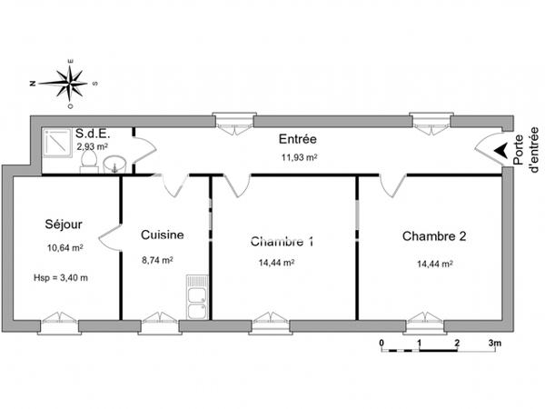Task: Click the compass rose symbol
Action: click(x=69, y=84)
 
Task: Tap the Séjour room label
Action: click(x=64, y=224)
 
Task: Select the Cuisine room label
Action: click(x=163, y=234)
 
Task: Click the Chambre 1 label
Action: click(x=282, y=242)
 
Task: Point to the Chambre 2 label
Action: click(x=434, y=236)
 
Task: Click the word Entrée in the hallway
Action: click(x=298, y=139)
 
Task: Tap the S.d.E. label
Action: click(x=93, y=134)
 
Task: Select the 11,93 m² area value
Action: click(x=299, y=157)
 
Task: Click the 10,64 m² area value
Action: click(x=65, y=248)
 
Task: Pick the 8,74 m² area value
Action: click(x=157, y=260)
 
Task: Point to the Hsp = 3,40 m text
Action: click(x=61, y=278)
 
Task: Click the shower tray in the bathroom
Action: click(x=57, y=143)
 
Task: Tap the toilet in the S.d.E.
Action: click(x=89, y=163)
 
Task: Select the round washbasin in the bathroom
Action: click(x=115, y=165)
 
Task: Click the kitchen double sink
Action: click(x=197, y=297)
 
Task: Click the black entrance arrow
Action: click(x=500, y=150)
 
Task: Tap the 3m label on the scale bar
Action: click(x=495, y=344)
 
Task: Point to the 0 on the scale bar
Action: click(x=381, y=344)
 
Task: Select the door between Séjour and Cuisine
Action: click(x=110, y=238)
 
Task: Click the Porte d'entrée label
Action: click(x=525, y=150)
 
